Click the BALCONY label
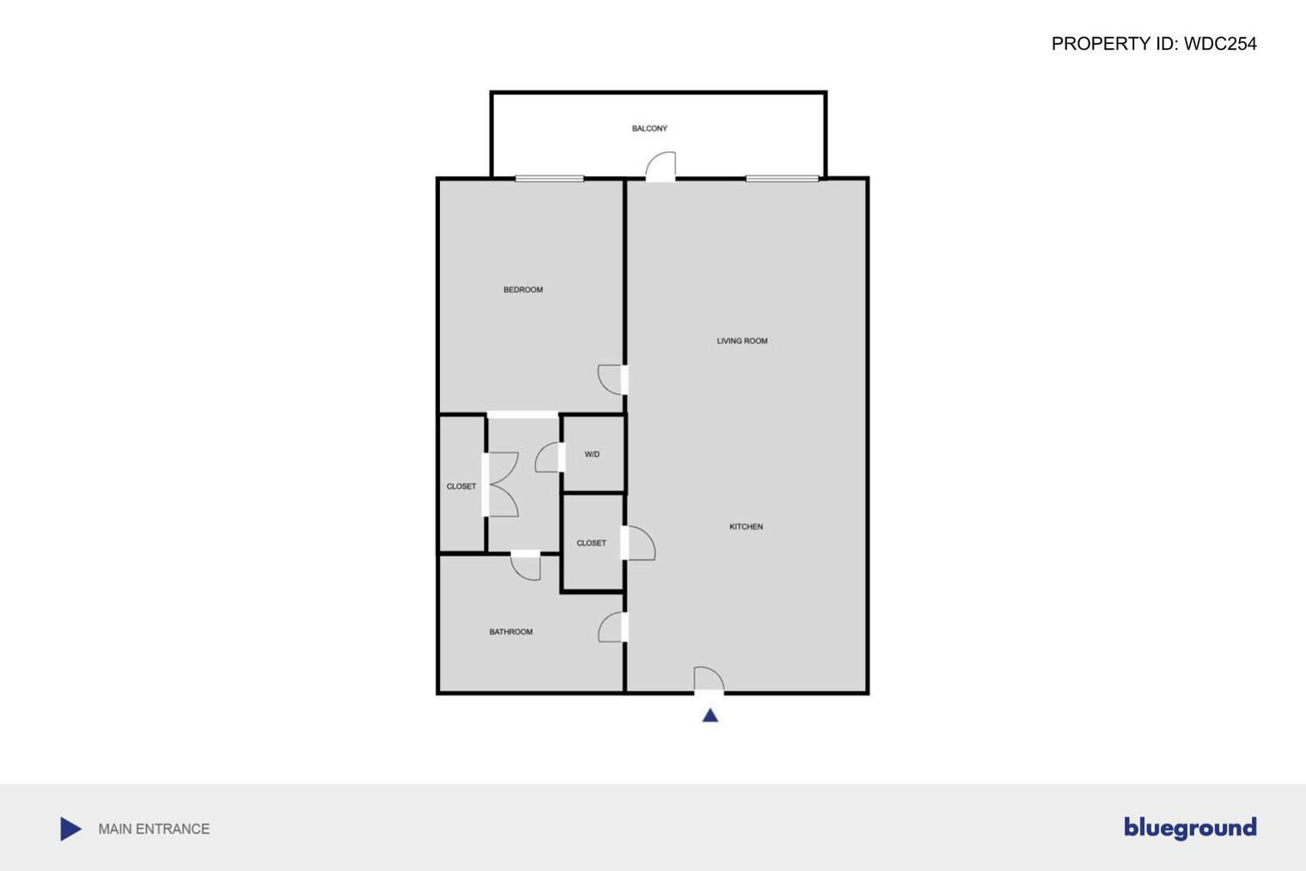(650, 129)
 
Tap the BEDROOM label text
(522, 290)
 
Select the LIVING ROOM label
(742, 341)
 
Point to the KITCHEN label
(746, 527)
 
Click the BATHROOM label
(510, 632)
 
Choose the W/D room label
(592, 455)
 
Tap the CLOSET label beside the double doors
(461, 487)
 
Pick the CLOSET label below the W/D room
(591, 543)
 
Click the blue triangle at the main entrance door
(710, 715)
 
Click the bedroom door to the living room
(612, 379)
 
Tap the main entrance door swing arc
(709, 678)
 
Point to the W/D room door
(548, 457)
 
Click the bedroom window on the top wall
(549, 179)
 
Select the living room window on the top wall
(782, 179)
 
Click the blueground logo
(1190, 828)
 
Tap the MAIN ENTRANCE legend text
(154, 829)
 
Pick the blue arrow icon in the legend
(70, 829)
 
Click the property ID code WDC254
(1219, 44)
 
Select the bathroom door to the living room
(612, 627)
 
